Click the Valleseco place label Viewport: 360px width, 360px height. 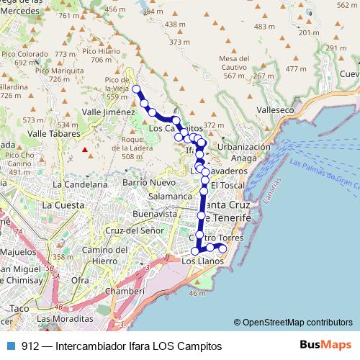click(x=277, y=111)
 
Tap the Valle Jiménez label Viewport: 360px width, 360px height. click(x=108, y=112)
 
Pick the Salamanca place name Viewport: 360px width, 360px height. click(x=170, y=196)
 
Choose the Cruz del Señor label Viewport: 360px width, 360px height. click(x=130, y=230)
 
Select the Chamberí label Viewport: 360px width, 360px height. click(x=126, y=291)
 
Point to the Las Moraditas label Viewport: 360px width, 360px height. click(x=65, y=318)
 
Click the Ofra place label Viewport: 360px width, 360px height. click(x=80, y=279)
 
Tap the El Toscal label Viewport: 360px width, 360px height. click(x=224, y=185)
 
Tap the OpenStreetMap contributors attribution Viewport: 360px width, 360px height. click(x=292, y=323)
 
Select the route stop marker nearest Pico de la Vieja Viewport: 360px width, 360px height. click(x=136, y=89)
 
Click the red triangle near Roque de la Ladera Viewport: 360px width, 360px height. click(x=85, y=150)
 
